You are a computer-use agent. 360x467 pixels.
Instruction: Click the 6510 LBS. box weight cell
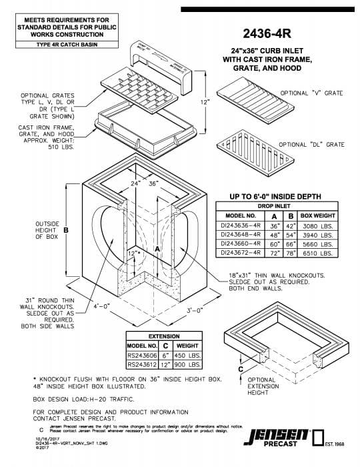[x=316, y=254]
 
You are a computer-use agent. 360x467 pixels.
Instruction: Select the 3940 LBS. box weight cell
[x=316, y=236]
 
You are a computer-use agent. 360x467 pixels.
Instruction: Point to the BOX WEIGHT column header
[x=316, y=216]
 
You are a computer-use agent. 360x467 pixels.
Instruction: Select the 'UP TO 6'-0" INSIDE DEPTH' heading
[x=275, y=196]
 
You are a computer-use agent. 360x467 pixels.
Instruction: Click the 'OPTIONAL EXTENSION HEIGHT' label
[x=263, y=386]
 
